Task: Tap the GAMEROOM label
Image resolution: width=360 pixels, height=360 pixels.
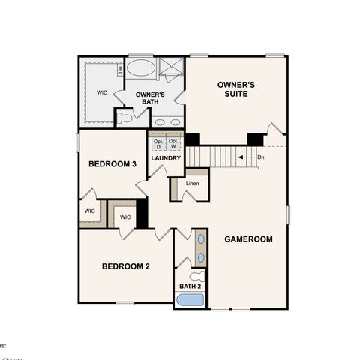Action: click(x=248, y=239)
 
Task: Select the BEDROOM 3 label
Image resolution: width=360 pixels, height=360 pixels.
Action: click(x=112, y=164)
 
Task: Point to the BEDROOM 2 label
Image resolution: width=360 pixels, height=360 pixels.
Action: click(x=126, y=266)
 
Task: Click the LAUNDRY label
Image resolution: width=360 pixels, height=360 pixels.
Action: click(x=165, y=158)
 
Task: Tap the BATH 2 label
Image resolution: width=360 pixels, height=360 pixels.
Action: click(x=190, y=286)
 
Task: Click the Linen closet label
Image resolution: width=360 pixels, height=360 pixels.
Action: click(x=192, y=184)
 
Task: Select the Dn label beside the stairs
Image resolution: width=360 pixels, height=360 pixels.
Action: click(x=261, y=157)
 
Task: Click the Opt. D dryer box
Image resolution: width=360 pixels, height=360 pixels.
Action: click(x=157, y=142)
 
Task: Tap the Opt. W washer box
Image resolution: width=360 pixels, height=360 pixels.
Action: click(x=172, y=142)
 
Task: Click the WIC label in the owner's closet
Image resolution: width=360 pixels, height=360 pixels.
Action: click(x=102, y=93)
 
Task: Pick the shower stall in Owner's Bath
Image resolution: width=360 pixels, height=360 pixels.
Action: click(x=172, y=69)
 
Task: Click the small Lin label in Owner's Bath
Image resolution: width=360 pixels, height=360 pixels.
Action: click(x=120, y=70)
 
